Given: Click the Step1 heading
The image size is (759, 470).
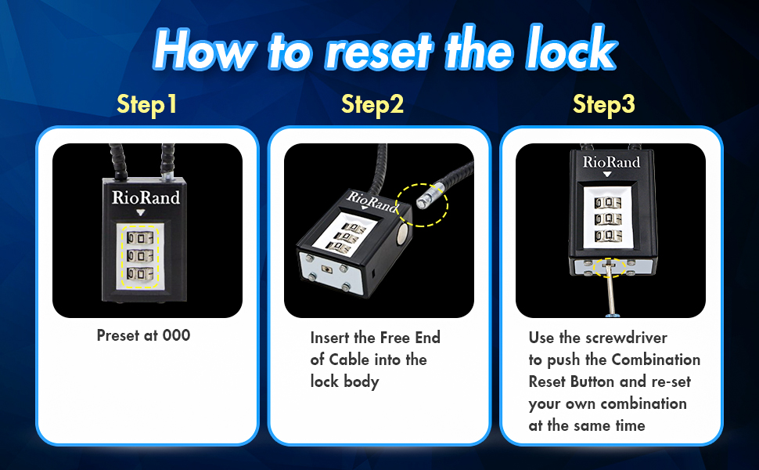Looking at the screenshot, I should point(147,104).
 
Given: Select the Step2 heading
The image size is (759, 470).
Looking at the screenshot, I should point(372,104).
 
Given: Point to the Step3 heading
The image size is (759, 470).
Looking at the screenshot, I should point(603,104).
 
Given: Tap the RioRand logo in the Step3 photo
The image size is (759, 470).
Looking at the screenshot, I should point(611,163).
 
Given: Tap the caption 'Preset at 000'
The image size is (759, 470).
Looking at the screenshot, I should point(143,335).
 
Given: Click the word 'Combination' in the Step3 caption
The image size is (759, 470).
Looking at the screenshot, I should point(656,360).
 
